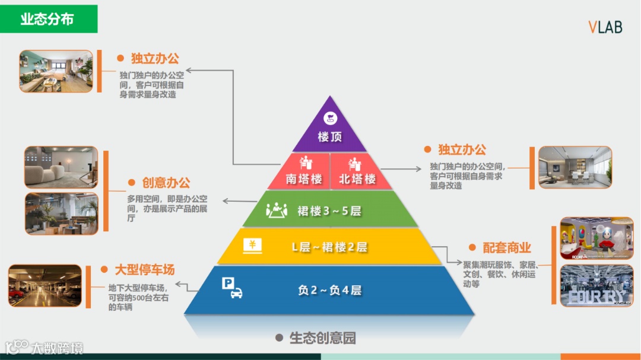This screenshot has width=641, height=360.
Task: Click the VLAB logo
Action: (x=605, y=27)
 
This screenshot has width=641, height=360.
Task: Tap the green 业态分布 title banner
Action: (x=48, y=19)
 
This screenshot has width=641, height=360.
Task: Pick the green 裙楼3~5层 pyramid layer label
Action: (x=329, y=211)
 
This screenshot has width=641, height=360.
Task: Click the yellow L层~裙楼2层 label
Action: (x=329, y=247)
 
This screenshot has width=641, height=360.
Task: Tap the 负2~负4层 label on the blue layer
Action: (x=329, y=290)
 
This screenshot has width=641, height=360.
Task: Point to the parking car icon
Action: (x=232, y=288)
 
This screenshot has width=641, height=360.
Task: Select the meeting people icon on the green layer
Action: (x=276, y=210)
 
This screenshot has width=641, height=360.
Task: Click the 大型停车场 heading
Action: (x=145, y=270)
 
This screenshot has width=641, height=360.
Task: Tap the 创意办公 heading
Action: (x=166, y=183)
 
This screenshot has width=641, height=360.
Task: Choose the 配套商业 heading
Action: (x=506, y=248)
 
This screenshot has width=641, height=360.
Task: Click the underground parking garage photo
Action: (x=45, y=286)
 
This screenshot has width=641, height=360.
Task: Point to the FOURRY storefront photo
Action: (x=596, y=286)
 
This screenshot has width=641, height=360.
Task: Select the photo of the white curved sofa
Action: (x=61, y=168)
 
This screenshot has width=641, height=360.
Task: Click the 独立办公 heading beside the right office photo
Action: (x=462, y=150)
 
